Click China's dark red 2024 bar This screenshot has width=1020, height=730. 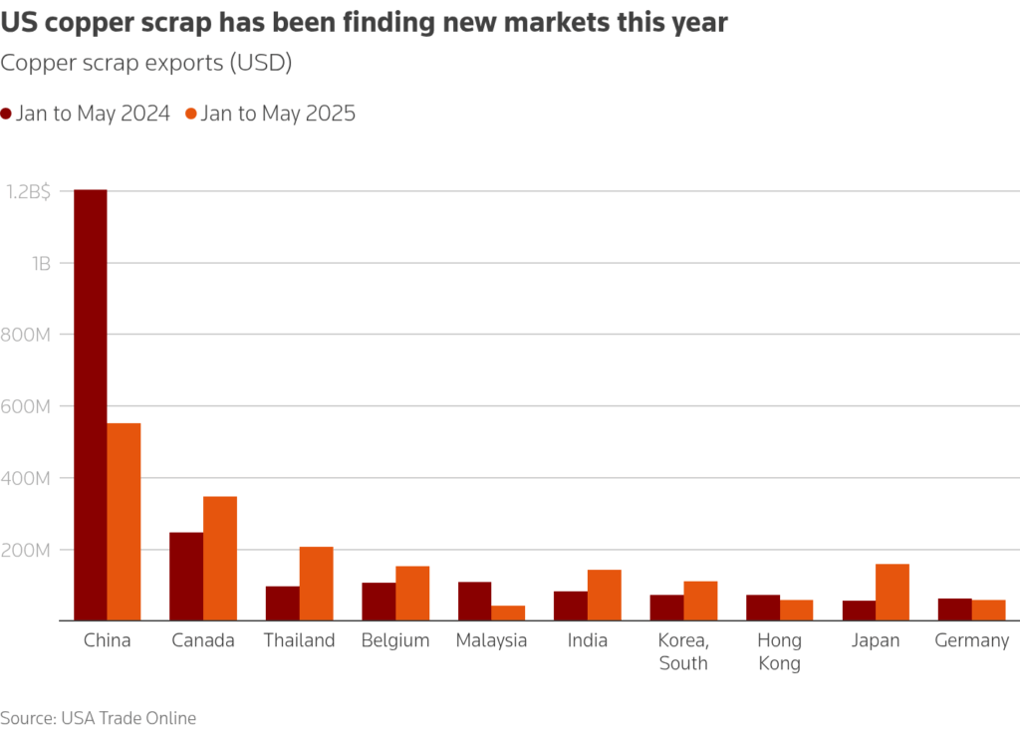pos(91,405)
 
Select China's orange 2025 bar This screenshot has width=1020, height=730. pos(124,522)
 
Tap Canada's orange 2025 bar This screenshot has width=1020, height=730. pos(220,559)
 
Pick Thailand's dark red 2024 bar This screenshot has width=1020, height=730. pos(283,604)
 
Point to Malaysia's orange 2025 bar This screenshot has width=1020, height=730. pos(508,613)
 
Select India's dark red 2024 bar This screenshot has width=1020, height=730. pos(571,606)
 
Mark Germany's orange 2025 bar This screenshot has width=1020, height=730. pos(989,610)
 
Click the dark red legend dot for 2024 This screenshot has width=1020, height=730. pos(7,114)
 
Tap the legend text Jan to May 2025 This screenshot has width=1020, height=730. pos(278,114)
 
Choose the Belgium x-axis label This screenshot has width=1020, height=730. pos(395,640)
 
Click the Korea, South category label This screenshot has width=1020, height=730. pos(683,651)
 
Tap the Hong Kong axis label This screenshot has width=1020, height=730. pos(779,651)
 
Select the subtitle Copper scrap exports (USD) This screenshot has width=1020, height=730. pos(145,64)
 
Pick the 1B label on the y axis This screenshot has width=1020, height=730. pos(41,263)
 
